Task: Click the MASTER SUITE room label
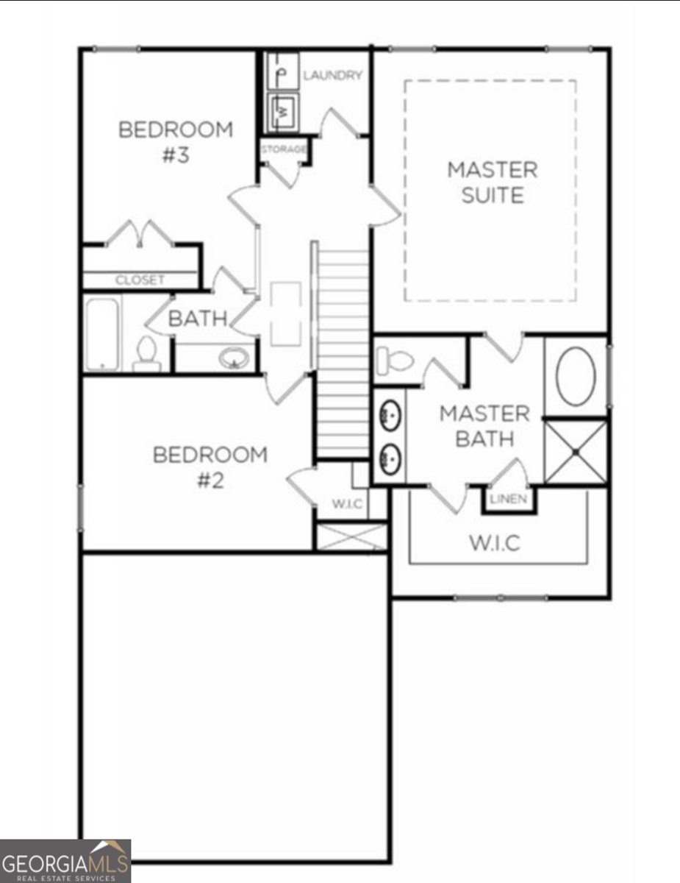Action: click(492, 182)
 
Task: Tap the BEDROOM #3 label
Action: click(176, 142)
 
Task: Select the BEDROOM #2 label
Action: click(210, 467)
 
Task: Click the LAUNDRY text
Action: click(332, 75)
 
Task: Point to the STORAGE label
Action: click(283, 149)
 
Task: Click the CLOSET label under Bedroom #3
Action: click(140, 280)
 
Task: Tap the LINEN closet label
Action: click(509, 500)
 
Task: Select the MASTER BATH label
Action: click(484, 426)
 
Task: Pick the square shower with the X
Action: click(576, 452)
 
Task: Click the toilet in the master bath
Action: click(394, 361)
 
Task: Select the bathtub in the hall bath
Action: click(102, 333)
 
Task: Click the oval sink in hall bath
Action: click(234, 359)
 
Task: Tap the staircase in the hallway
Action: click(343, 353)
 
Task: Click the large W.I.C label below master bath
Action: click(494, 544)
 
